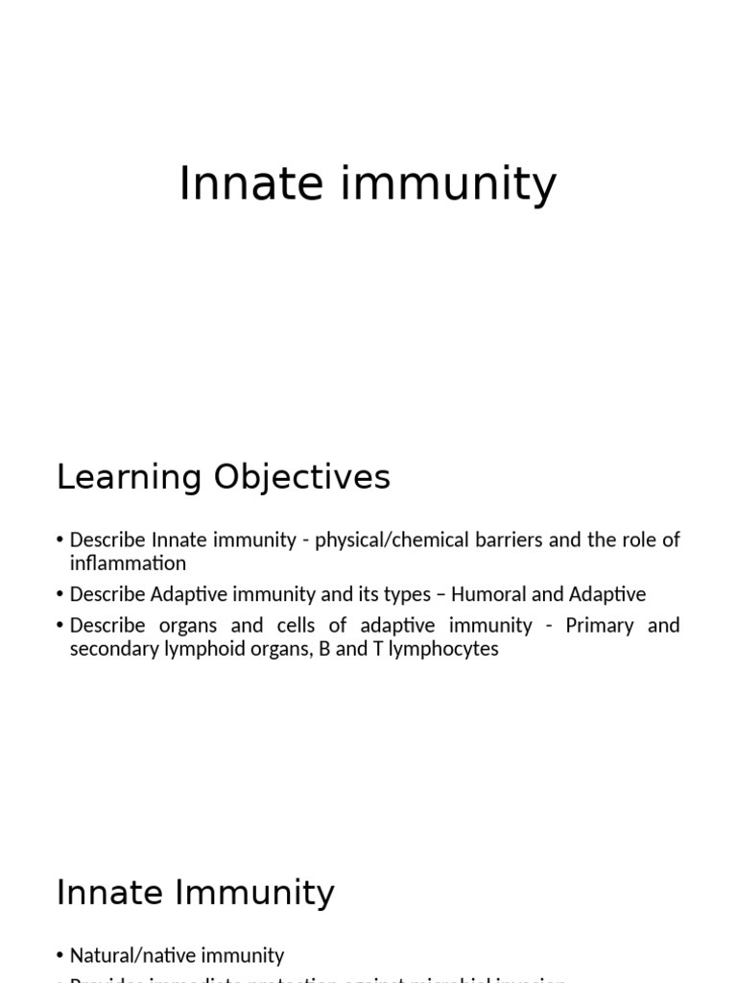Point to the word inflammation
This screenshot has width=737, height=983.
point(128,563)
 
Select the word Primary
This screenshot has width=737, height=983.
point(602,625)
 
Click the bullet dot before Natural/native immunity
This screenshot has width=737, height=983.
point(61,956)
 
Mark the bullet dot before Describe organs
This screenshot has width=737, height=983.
point(61,626)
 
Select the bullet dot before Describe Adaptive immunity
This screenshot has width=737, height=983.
point(61,595)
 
